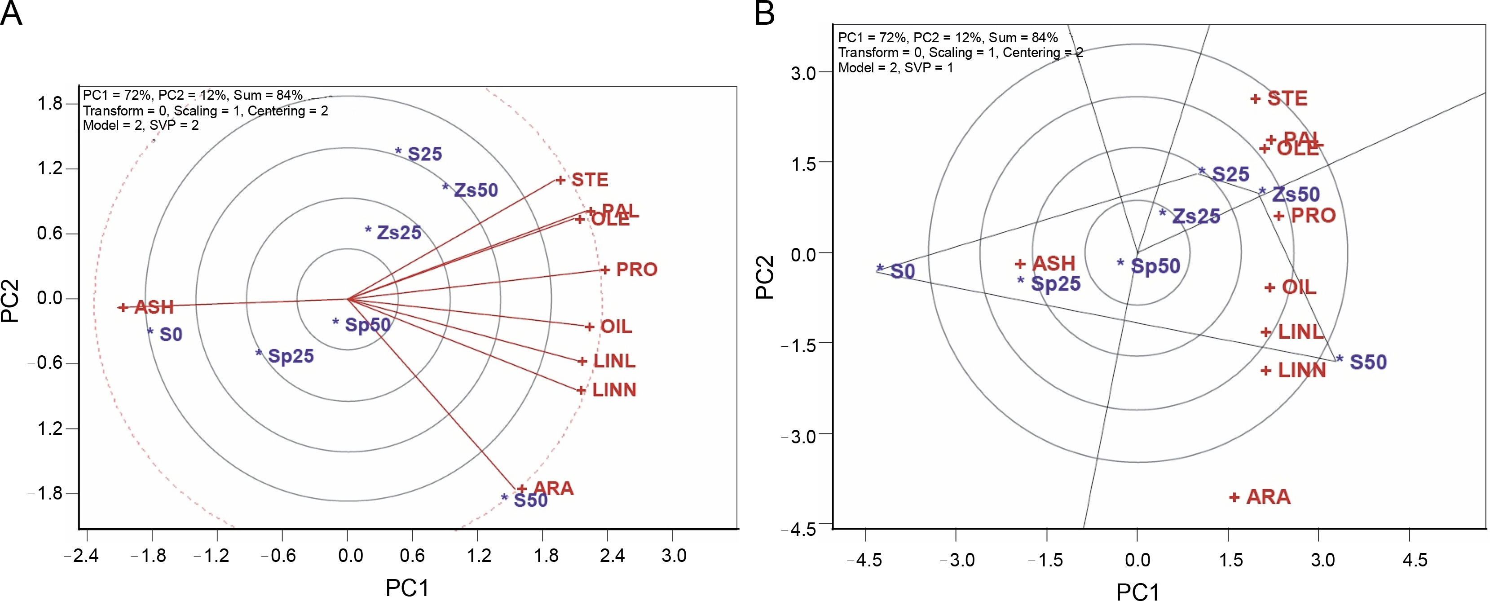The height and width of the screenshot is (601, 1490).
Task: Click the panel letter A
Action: [x=12, y=14]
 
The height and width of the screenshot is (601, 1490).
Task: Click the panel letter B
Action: [x=764, y=14]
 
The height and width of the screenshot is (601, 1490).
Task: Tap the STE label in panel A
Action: [x=590, y=180]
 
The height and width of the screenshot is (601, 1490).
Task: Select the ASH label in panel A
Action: [x=154, y=307]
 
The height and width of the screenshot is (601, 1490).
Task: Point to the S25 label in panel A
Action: [x=424, y=154]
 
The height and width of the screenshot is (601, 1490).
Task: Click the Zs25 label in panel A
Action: [x=398, y=233]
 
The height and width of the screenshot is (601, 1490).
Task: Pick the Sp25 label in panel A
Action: [x=291, y=356]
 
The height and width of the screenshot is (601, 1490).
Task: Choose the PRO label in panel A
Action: [x=636, y=270]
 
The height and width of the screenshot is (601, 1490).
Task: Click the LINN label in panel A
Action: [x=614, y=390]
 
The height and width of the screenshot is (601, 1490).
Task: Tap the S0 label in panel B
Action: [x=902, y=271]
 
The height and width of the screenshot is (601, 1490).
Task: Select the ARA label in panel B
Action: [x=1268, y=497]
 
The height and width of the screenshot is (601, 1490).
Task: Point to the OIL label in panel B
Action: [x=1299, y=287]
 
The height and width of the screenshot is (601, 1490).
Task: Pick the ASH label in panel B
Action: [x=1054, y=264]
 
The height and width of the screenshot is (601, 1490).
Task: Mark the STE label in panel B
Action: [x=1287, y=98]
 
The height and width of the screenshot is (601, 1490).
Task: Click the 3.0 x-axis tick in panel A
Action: [x=674, y=556]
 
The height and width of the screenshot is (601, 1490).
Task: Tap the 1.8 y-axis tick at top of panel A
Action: [x=50, y=104]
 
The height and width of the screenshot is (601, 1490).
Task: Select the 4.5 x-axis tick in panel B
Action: [x=1415, y=560]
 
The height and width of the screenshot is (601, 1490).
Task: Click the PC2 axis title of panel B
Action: [x=765, y=278]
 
